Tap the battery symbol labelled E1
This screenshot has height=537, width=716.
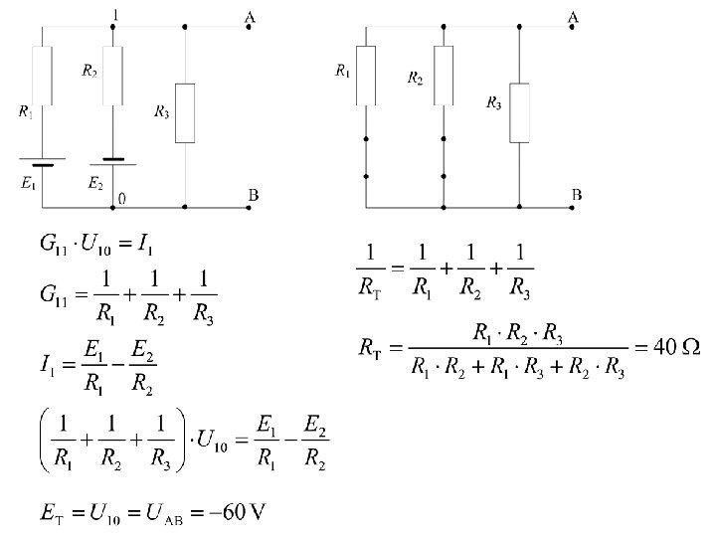tap(42, 162)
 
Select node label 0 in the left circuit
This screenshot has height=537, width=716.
tap(121, 199)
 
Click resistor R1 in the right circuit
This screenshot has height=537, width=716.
tap(366, 76)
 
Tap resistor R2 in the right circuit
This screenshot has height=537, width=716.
tap(444, 75)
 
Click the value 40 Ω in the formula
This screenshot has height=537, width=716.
tap(675, 348)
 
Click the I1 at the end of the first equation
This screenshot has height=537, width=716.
tap(146, 242)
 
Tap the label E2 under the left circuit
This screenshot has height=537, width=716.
tap(94, 183)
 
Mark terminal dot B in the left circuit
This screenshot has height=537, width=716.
tap(248, 208)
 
